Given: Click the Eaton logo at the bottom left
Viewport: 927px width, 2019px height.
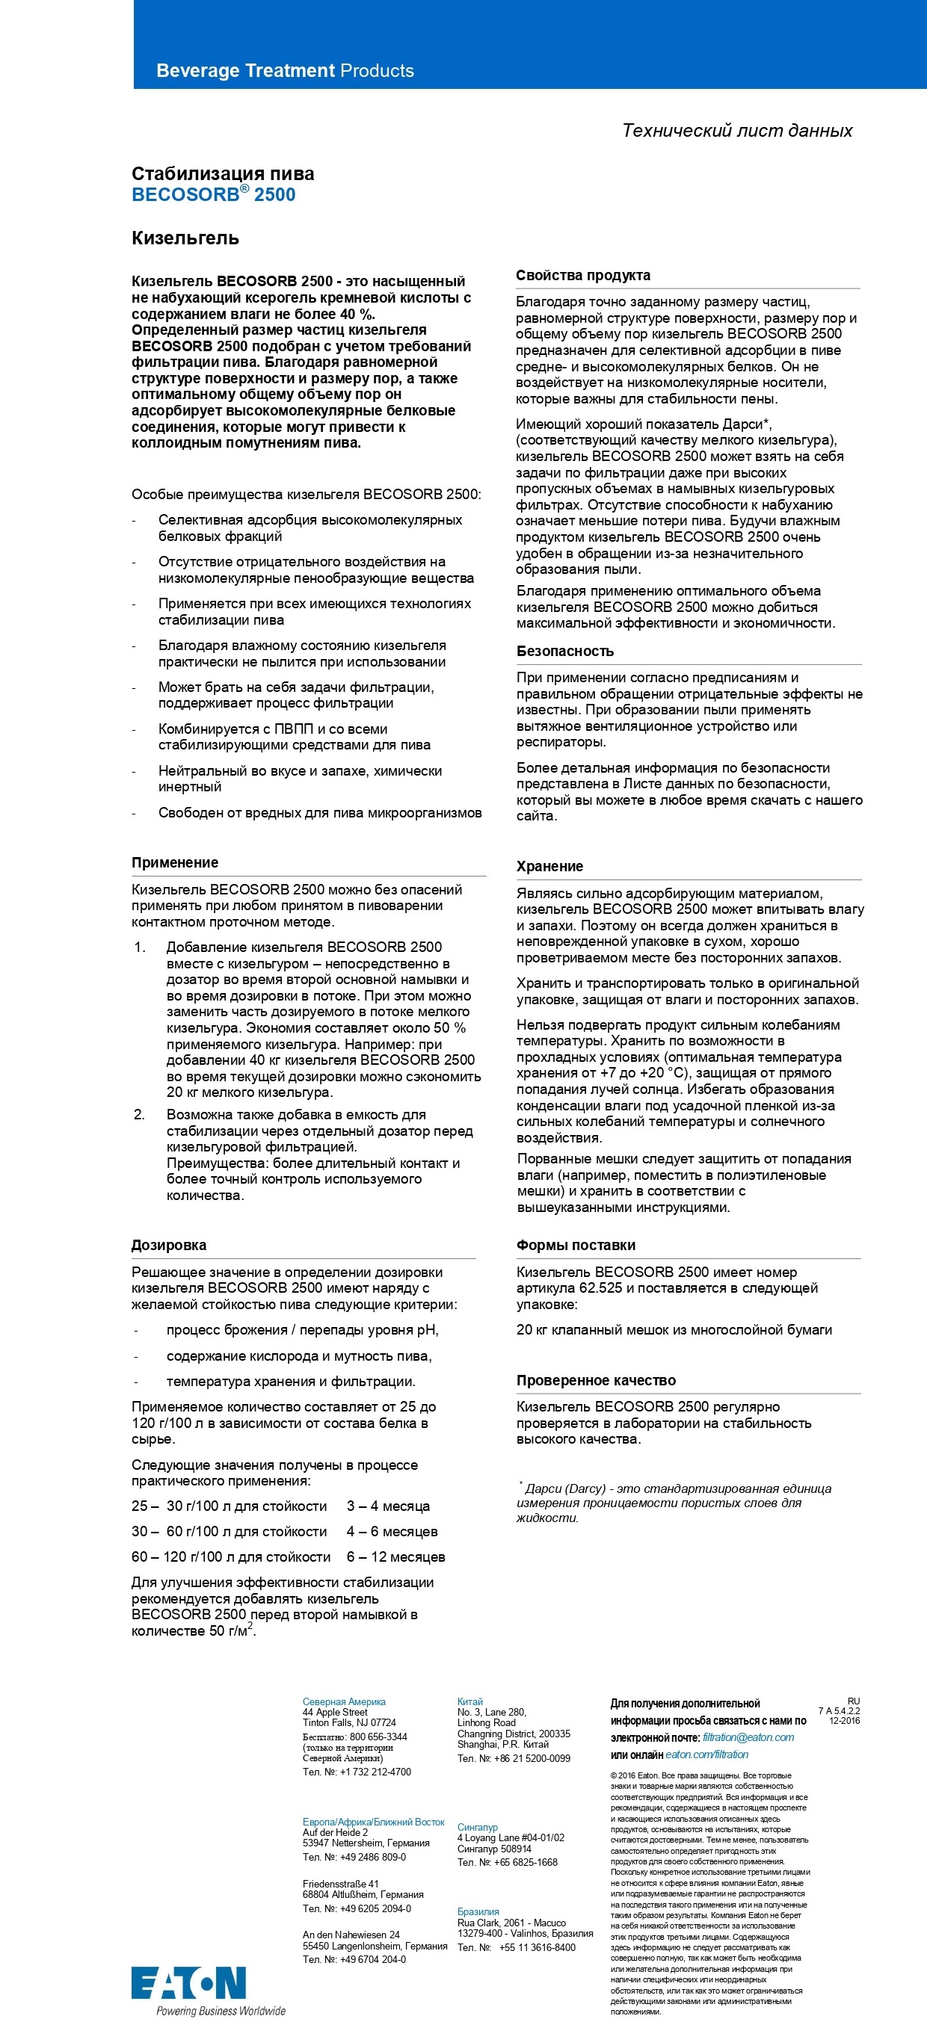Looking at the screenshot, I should tap(188, 1982).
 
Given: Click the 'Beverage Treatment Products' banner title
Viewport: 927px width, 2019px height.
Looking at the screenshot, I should tap(285, 70).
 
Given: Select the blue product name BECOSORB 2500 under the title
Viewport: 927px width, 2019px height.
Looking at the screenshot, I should tap(213, 194).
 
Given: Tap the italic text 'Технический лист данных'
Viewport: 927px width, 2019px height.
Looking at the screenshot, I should tap(736, 130).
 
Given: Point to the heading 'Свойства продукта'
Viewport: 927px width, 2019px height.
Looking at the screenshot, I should tap(582, 275).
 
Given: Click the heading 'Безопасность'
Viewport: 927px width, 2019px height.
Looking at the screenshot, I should tap(564, 652).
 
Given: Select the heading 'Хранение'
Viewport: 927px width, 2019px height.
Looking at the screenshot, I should tap(549, 866).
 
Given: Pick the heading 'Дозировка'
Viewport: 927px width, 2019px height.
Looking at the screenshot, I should tap(169, 1246).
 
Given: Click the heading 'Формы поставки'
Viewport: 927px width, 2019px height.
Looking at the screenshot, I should tap(576, 1246).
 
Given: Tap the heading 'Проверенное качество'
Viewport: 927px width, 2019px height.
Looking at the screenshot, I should tap(595, 1380).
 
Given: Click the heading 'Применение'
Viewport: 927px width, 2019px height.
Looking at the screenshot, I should tap(175, 863).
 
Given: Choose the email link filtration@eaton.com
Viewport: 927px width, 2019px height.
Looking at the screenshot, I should tap(748, 1737).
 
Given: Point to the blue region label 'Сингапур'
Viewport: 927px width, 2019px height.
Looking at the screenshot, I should tap(477, 1827).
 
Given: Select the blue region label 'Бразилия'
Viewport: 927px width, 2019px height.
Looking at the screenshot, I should tap(478, 1911).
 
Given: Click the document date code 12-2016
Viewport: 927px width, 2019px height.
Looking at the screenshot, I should tap(844, 1721).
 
